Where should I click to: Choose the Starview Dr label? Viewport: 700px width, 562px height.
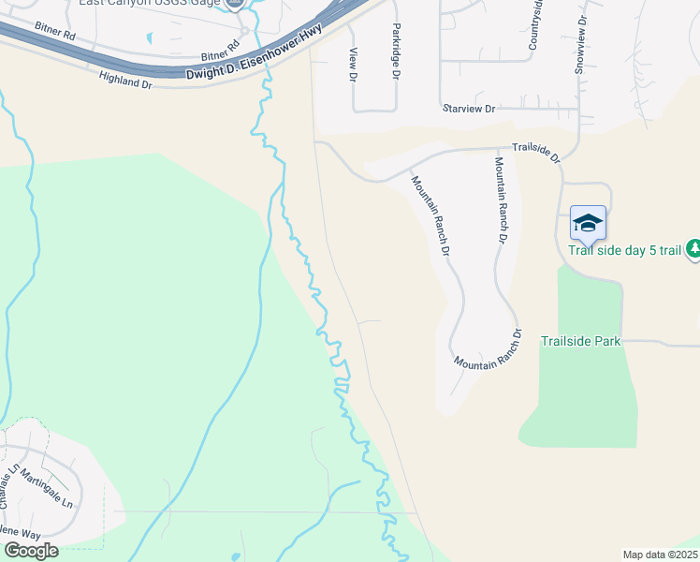(469, 110)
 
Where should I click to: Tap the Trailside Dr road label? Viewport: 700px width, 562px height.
(535, 153)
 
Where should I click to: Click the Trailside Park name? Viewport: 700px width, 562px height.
(580, 342)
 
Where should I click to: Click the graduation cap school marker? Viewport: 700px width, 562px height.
(588, 223)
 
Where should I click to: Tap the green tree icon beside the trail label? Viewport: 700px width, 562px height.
(693, 248)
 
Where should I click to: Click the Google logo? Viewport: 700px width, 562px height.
(30, 551)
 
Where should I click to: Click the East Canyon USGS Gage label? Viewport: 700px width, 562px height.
(150, 3)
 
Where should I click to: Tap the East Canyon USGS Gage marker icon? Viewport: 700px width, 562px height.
(235, 4)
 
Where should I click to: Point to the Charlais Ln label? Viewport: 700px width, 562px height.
(9, 486)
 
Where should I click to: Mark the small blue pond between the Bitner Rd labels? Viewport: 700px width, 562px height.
(150, 38)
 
